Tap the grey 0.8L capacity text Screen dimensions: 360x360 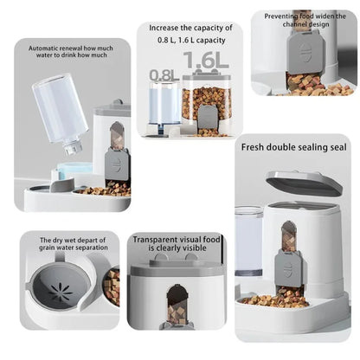point(164,75)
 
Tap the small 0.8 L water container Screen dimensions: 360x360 point(164,106)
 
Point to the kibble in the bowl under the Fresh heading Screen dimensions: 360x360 point(275,299)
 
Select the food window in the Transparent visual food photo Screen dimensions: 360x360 point(177,301)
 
